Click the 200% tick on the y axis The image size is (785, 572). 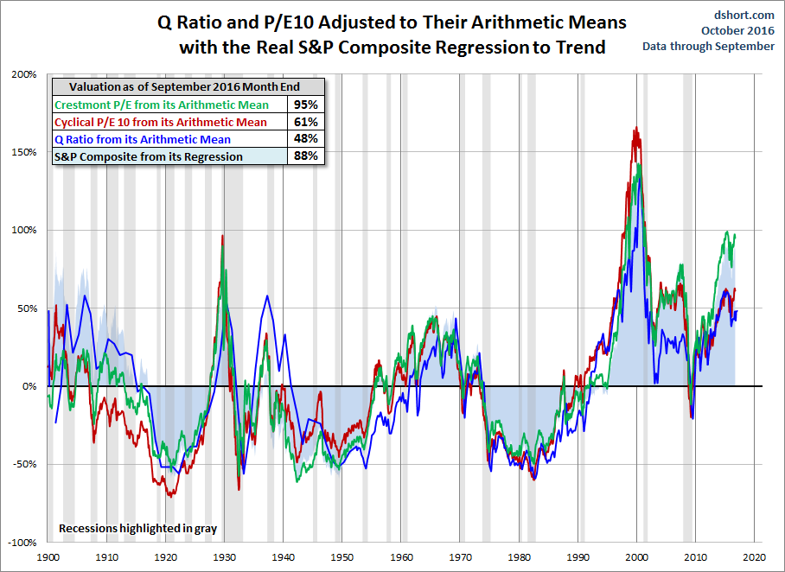pyautogui.click(x=23, y=75)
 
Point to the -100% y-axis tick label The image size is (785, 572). pyautogui.click(x=22, y=543)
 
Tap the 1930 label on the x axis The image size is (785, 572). pyautogui.click(x=225, y=558)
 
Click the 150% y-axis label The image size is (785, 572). pyautogui.click(x=23, y=153)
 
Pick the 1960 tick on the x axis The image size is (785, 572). pyautogui.click(x=401, y=558)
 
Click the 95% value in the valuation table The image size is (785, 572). pyautogui.click(x=306, y=105)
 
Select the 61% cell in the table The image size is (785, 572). pyautogui.click(x=306, y=122)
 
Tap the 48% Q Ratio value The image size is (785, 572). pyautogui.click(x=306, y=139)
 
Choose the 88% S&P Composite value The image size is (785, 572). pyautogui.click(x=306, y=156)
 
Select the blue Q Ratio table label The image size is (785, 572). pyautogui.click(x=143, y=139)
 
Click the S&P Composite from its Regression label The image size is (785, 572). pyautogui.click(x=149, y=156)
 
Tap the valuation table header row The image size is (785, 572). pyautogui.click(x=188, y=87)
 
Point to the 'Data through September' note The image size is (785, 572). pyautogui.click(x=708, y=46)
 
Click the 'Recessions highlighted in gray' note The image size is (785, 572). pyautogui.click(x=137, y=527)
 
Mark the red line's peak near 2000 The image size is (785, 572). pyautogui.click(x=636, y=129)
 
